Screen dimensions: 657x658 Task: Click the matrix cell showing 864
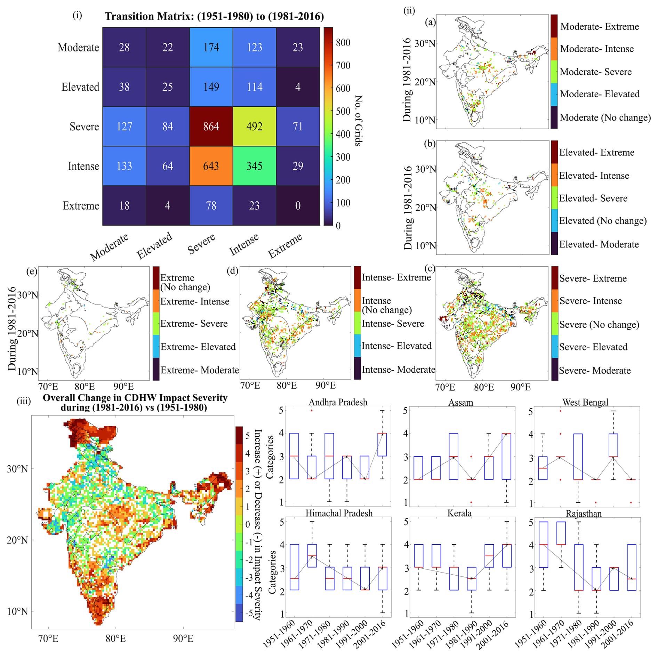click(x=211, y=127)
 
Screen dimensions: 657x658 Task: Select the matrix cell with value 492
click(x=254, y=127)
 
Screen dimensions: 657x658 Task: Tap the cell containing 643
click(x=211, y=166)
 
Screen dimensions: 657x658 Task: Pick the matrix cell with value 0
click(x=298, y=206)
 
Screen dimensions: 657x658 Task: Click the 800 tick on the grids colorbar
click(x=343, y=43)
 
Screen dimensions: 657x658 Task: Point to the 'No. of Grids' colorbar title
click(x=359, y=120)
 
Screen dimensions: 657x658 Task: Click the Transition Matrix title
click(x=214, y=16)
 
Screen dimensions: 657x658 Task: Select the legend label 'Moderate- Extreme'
click(x=599, y=26)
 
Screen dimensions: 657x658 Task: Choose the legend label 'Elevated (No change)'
click(x=603, y=221)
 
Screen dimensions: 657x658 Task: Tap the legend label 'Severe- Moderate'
click(x=595, y=370)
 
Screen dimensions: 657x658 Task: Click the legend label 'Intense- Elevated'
click(x=396, y=346)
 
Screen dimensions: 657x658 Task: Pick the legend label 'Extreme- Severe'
click(x=194, y=324)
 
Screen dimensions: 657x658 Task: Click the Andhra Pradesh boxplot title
click(x=338, y=402)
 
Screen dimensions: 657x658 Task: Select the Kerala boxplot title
click(x=459, y=513)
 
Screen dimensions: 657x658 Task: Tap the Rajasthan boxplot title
click(x=584, y=513)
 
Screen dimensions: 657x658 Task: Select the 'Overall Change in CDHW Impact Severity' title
click(x=135, y=402)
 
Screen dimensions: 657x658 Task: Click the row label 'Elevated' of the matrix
click(x=80, y=87)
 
